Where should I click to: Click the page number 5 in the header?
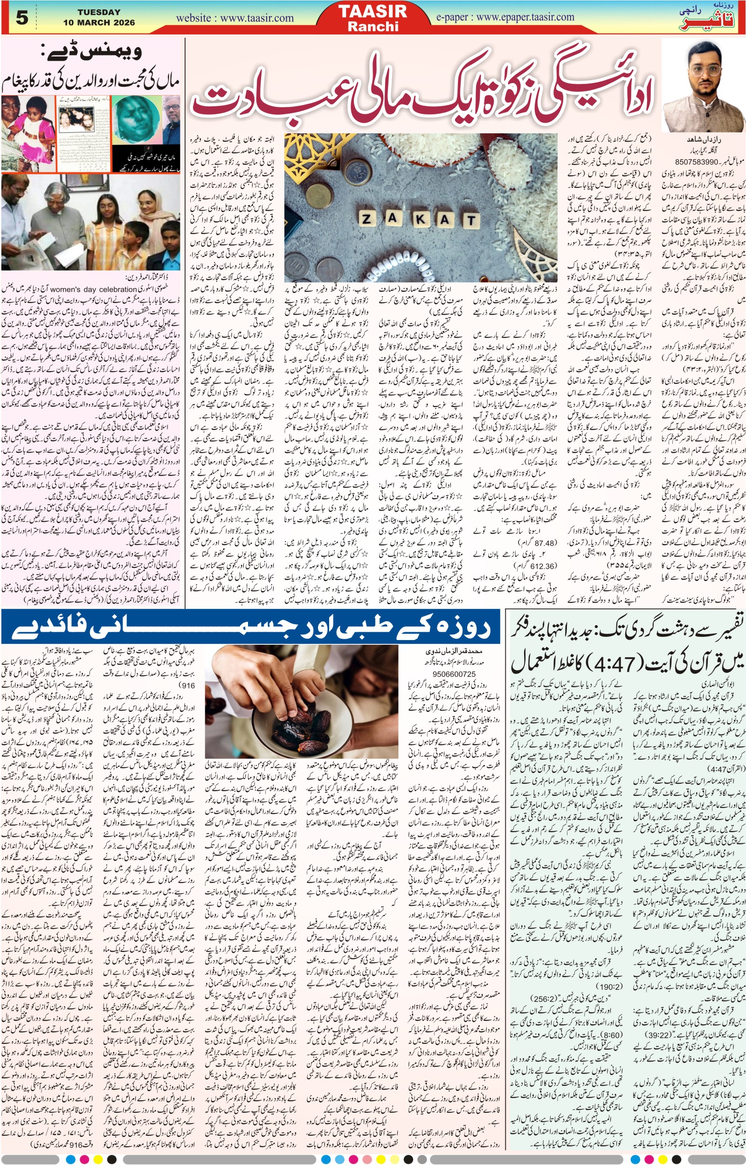click(22, 18)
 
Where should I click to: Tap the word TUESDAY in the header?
click(99, 12)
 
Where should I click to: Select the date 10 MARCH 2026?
click(99, 23)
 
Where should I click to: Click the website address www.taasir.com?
click(235, 18)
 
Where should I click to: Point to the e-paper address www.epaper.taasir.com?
click(505, 17)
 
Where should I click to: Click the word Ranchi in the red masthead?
click(373, 26)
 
